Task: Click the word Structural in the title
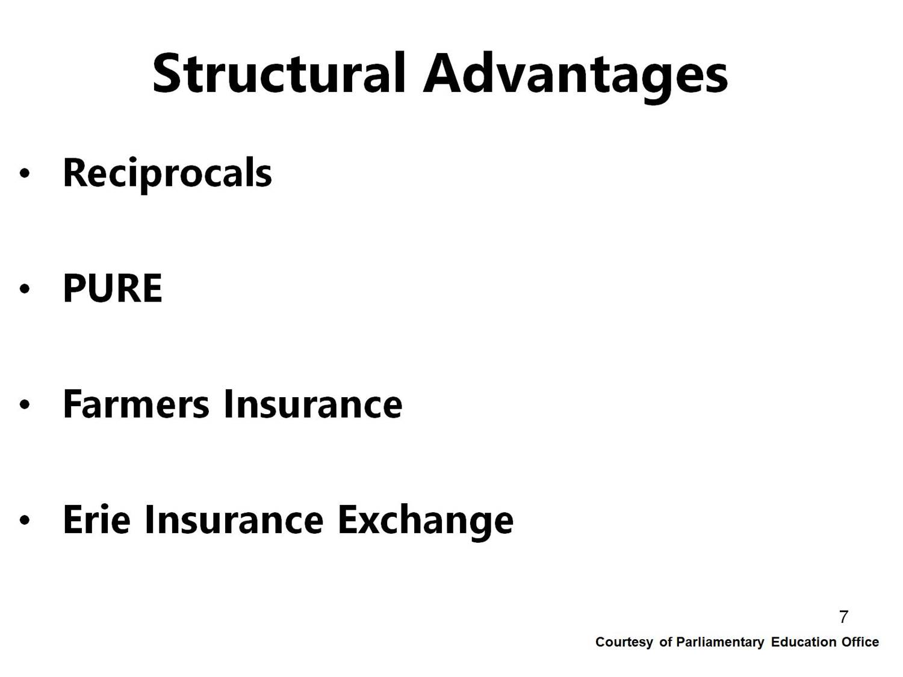[x=279, y=73]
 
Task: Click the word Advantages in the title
[x=576, y=77]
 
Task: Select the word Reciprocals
[x=167, y=175]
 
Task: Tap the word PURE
[x=113, y=288]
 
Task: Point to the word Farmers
[x=136, y=404]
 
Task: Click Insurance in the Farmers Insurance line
[x=313, y=404]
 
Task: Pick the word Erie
[x=97, y=519]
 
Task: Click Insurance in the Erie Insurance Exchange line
[x=235, y=519]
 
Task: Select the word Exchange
[x=426, y=522]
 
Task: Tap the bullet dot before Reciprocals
[x=25, y=173]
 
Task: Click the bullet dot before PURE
[x=25, y=289]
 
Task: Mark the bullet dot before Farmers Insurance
[x=25, y=404]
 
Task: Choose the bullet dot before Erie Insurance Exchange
[x=25, y=520]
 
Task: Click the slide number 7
[x=843, y=617]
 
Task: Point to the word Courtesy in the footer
[x=624, y=643]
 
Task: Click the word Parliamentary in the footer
[x=720, y=643]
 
